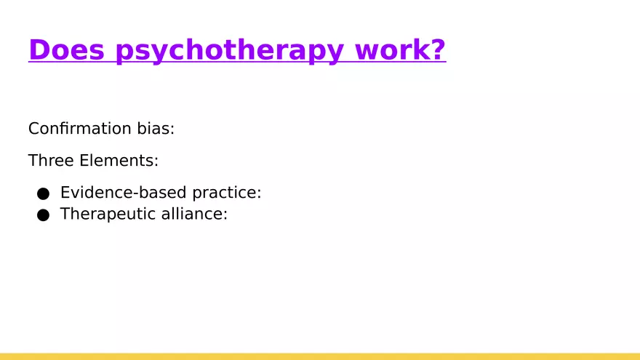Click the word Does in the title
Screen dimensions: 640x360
[x=66, y=49]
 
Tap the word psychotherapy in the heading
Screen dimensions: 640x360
[x=230, y=51]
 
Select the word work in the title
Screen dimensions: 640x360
[x=391, y=49]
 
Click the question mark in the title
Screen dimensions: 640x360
[x=437, y=49]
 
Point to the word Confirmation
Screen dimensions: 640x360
[x=79, y=129]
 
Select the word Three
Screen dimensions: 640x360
[x=51, y=161]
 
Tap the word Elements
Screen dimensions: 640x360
[x=116, y=161]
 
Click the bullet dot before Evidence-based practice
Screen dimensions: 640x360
[x=43, y=193]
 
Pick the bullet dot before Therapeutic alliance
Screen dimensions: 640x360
[x=43, y=215]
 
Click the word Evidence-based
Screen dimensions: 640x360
[x=123, y=193]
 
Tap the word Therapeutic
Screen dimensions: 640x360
[x=108, y=215]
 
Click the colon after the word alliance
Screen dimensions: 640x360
[x=225, y=215]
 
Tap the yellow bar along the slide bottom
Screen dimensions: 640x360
[x=320, y=357]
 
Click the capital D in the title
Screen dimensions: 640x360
[x=38, y=49]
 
